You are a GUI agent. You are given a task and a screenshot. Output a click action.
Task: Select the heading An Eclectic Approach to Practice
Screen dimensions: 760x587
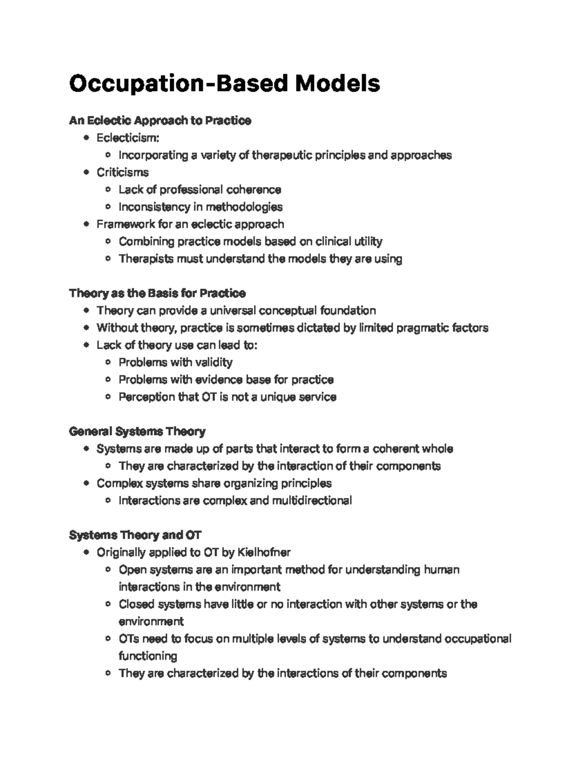(160, 120)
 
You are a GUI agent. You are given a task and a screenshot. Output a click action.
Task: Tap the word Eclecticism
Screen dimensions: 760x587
(127, 138)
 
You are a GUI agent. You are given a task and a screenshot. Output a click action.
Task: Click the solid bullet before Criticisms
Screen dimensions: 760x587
(87, 172)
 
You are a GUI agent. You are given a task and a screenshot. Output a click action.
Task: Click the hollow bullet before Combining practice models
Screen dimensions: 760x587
(109, 242)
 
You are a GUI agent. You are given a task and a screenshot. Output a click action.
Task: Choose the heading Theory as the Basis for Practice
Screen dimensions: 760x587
(157, 293)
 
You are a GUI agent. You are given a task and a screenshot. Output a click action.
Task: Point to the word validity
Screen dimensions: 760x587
(214, 363)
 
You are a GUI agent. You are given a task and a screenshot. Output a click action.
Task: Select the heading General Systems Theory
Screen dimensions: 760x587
(137, 432)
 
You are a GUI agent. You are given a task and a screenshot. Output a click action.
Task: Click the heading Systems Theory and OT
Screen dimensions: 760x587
(135, 535)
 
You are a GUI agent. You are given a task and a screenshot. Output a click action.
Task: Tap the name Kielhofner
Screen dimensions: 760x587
(264, 553)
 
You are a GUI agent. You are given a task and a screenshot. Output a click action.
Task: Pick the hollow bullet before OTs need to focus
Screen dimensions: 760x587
(109, 639)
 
